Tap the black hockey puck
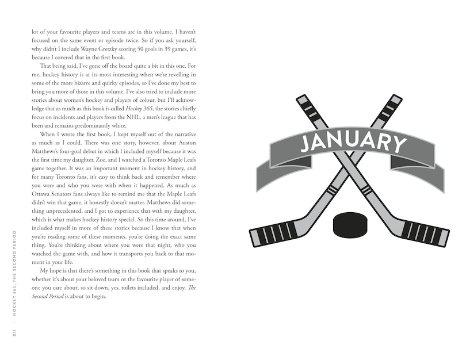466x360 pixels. [350, 224]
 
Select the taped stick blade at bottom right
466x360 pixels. [425, 233]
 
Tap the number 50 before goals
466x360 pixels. [143, 49]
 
